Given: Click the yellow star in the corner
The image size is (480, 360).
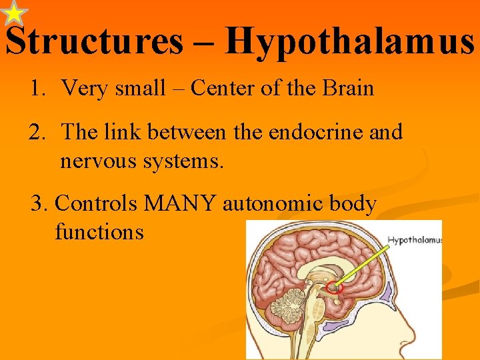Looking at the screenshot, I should click(14, 14).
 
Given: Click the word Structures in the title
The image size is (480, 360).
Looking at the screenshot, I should click(94, 41).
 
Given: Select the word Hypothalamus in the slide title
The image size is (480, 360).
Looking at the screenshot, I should click(349, 41).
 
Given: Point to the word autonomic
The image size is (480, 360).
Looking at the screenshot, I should click(271, 203).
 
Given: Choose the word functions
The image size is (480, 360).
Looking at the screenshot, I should click(99, 232).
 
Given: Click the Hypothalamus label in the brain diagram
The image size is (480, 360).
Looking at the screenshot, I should click(414, 240).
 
